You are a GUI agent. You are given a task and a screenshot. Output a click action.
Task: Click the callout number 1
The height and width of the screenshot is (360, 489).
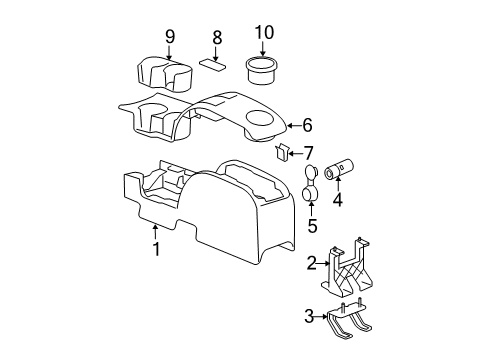pos(155,250)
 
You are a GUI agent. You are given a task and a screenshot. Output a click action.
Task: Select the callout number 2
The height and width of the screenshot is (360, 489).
pos(312,263)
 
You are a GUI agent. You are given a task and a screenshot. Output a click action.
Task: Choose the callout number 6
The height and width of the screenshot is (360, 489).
pos(307,125)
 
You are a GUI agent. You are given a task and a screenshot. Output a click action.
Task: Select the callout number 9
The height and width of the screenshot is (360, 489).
pos(169,38)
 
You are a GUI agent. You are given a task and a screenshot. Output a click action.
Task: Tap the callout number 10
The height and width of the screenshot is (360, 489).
pos(263,33)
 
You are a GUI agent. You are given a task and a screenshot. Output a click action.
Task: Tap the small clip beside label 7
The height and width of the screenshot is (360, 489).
pos(282,152)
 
